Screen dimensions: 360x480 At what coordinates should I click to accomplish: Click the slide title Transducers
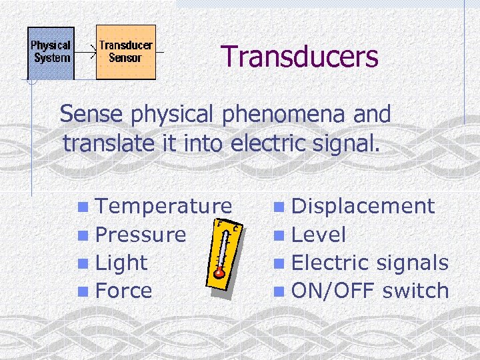[x=299, y=57]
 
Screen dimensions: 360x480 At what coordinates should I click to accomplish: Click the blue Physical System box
[x=51, y=52]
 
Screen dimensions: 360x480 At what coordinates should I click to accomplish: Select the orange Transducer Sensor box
[x=125, y=52]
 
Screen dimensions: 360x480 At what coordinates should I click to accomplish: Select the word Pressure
[x=141, y=235]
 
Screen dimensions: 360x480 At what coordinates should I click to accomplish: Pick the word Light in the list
[x=121, y=263]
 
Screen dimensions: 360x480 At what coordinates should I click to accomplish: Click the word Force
[x=124, y=291]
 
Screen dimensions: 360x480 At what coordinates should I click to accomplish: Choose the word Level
[x=319, y=235]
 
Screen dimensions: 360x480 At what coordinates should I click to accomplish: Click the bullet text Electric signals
[x=370, y=263]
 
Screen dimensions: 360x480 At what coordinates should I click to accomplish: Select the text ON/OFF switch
[x=370, y=291]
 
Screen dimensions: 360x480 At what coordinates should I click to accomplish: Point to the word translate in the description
[x=108, y=143]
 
